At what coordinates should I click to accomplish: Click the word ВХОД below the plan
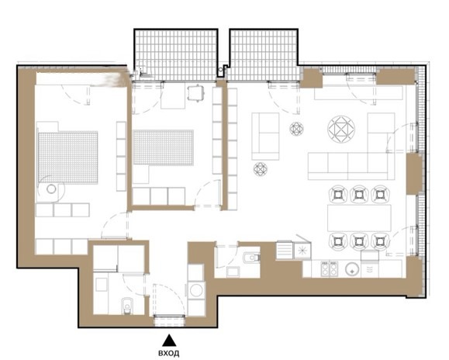point(169,353)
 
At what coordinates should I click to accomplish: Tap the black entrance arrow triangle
point(169,341)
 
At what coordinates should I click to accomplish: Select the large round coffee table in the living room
point(341,130)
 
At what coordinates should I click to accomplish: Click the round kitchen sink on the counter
point(352,269)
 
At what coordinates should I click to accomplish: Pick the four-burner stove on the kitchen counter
point(329,268)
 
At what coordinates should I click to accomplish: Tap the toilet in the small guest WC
point(251,258)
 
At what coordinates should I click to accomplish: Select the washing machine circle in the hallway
point(196,290)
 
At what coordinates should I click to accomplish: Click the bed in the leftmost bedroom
point(67,157)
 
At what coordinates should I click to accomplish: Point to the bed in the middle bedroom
point(163,147)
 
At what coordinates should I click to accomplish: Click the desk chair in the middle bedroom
point(196,93)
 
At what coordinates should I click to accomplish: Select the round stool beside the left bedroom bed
point(51,189)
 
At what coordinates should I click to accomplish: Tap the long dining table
point(359,218)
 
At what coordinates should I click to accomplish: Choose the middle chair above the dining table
point(359,195)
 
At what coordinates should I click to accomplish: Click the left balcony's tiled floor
point(176,54)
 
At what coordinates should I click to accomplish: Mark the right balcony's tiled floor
point(264,54)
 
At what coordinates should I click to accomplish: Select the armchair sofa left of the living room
point(265,137)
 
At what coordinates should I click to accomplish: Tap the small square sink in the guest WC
point(233,272)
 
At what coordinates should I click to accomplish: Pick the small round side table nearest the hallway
point(261,169)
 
